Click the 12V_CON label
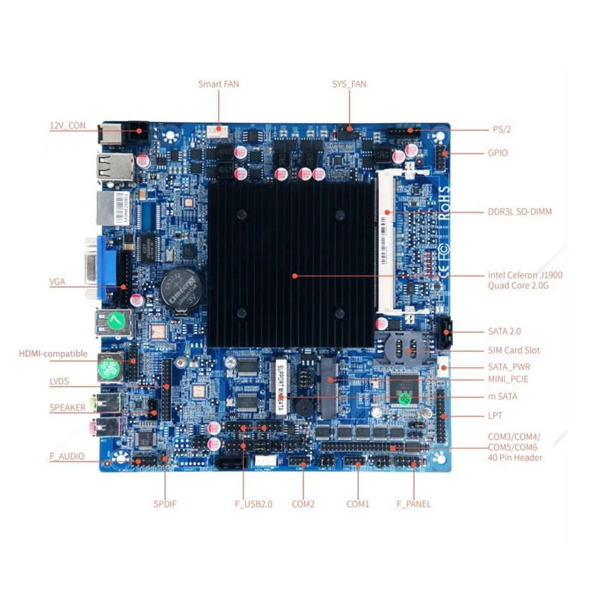pos(68,126)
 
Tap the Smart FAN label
pos(219,84)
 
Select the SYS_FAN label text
pos(349,84)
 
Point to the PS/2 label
pos(501,130)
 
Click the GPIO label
pos(498,153)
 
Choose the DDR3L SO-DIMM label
pos(519,212)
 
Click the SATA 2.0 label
pos(505,332)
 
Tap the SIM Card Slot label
pos(514,351)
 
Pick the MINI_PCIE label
pos(508,379)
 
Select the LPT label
pos(495,416)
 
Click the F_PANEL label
pos(414,504)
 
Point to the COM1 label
pos(357,504)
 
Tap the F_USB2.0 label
pos(253,504)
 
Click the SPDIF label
pos(165,504)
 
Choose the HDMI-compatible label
pos(53,354)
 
